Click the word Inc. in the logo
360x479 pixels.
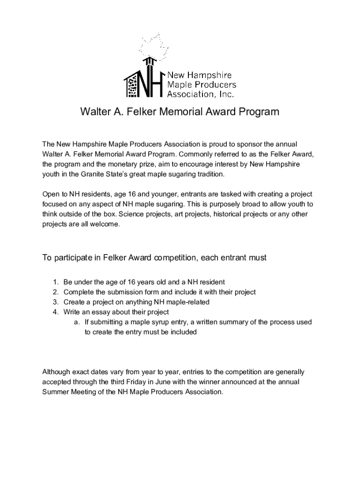tap(225, 94)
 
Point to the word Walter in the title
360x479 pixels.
tap(95, 112)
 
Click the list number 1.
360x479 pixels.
tap(55, 282)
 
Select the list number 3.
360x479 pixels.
tap(55, 302)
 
